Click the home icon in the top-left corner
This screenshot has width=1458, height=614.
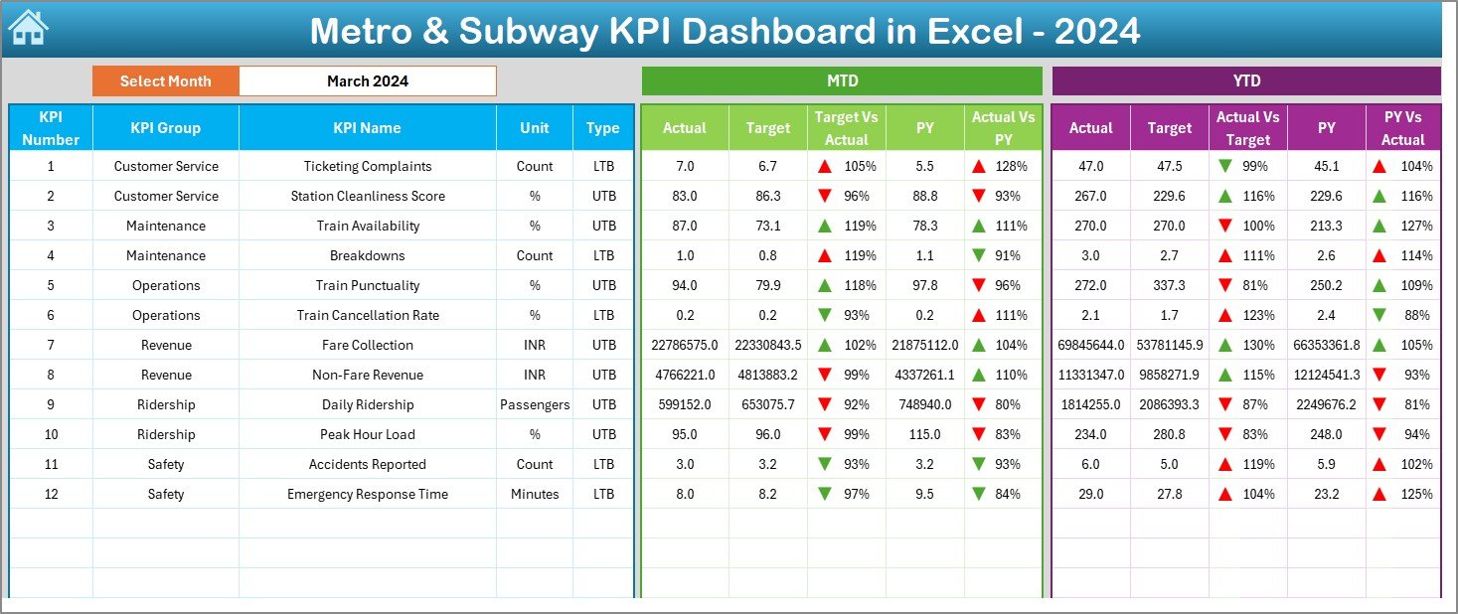pos(28,29)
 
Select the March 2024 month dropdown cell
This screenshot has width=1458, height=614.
pos(367,81)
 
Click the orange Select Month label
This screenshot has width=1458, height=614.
pos(166,81)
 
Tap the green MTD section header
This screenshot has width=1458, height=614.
pos(842,81)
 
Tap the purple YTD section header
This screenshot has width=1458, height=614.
pos(1245,81)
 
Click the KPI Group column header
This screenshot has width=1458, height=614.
pos(166,128)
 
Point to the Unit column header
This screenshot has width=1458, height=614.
pos(535,128)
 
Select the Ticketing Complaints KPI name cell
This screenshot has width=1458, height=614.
pos(367,166)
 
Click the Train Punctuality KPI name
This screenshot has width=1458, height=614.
pos(367,285)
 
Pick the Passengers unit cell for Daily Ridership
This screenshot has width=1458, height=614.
pos(535,404)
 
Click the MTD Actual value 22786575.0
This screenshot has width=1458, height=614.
pos(684,345)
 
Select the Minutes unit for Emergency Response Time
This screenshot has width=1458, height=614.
pos(535,494)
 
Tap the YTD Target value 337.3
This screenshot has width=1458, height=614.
pos(1169,285)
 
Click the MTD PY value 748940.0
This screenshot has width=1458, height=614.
pos(925,404)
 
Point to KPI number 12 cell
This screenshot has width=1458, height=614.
pos(51,494)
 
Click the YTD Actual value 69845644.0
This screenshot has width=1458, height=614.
pos(1090,345)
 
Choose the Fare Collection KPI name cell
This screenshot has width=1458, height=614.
pos(367,345)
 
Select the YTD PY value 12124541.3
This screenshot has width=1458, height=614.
pos(1326,375)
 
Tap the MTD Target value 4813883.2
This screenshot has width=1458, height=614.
pos(767,375)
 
